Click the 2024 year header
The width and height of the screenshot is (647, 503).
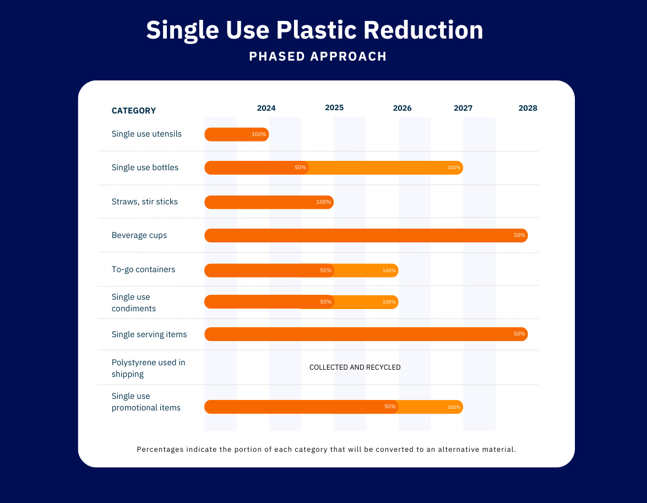[x=266, y=108]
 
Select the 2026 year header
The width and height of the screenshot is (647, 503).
[x=402, y=108]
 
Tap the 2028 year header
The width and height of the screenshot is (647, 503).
[x=528, y=108]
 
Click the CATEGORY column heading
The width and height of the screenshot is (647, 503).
[x=134, y=111]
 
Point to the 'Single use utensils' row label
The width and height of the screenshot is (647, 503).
[x=146, y=134]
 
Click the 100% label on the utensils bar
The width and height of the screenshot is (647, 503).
[x=259, y=134]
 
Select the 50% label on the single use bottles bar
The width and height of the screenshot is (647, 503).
[x=300, y=167]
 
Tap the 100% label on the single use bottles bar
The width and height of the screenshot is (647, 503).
[x=454, y=167]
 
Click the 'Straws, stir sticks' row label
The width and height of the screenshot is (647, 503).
[x=145, y=202]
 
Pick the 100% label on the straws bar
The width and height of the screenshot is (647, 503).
[x=324, y=202]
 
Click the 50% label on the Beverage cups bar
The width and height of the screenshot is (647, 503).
[x=519, y=235]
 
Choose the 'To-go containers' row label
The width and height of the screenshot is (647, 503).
[x=143, y=269]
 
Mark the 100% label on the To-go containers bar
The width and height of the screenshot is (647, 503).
[x=389, y=271]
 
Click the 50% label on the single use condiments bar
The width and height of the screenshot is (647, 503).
[x=325, y=302]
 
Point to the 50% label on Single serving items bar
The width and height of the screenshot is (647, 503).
[x=519, y=334]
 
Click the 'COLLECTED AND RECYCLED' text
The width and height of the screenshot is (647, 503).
[x=355, y=367]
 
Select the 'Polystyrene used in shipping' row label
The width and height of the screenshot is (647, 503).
[x=148, y=368]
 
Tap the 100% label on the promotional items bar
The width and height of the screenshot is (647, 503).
[x=454, y=407]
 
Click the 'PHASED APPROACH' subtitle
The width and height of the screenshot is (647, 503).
[x=318, y=56]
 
